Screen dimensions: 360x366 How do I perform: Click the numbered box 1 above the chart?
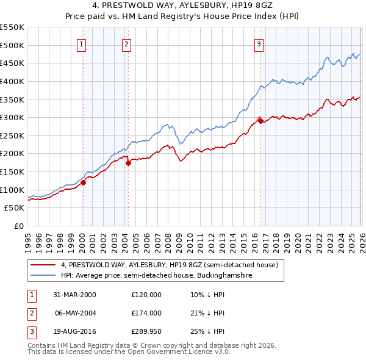(82, 44)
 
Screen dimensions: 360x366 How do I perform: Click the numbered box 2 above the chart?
(126, 44)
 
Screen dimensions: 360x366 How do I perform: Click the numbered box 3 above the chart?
(259, 44)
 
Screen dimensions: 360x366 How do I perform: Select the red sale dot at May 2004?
(128, 163)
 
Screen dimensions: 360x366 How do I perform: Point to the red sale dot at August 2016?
(260, 121)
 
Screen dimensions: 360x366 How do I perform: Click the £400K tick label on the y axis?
(12, 81)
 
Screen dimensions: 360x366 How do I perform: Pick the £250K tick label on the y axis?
(12, 135)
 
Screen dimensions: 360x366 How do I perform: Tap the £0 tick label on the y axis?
(18, 226)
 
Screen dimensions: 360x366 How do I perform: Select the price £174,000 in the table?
(146, 313)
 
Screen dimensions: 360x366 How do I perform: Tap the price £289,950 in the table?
(146, 331)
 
